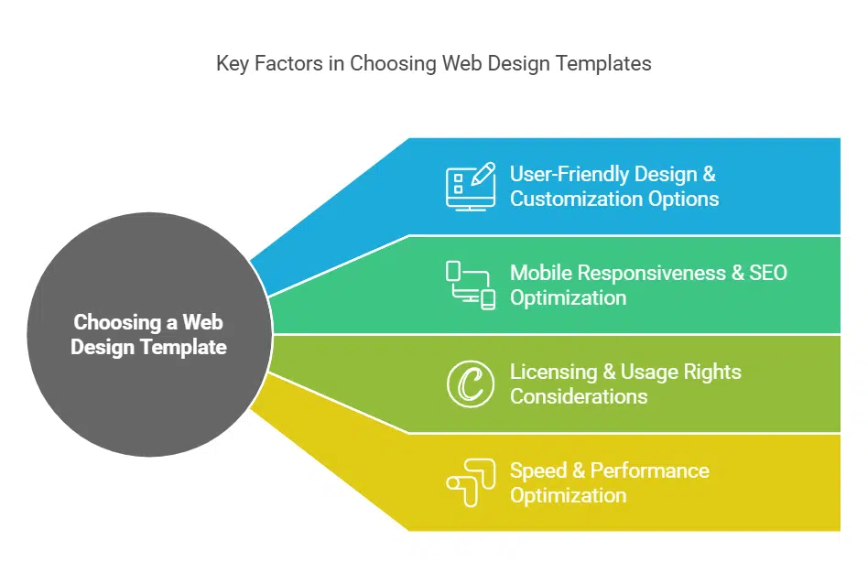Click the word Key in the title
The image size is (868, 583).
(x=232, y=64)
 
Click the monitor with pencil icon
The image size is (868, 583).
(x=471, y=186)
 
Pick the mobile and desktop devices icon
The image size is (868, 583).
(x=471, y=285)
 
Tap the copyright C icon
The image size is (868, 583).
(x=471, y=383)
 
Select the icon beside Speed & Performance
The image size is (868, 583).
(x=471, y=482)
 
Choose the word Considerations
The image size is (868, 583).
(x=579, y=396)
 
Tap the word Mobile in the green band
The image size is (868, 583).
(x=540, y=273)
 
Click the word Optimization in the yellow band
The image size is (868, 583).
(x=568, y=495)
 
